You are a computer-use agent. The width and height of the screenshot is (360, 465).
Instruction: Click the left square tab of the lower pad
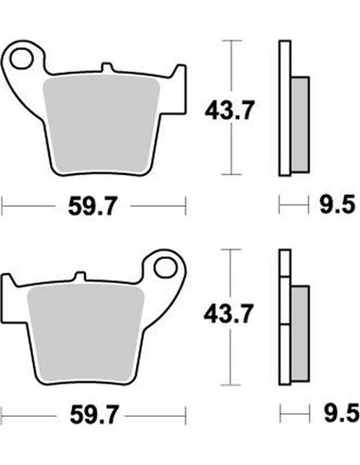(14, 284)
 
